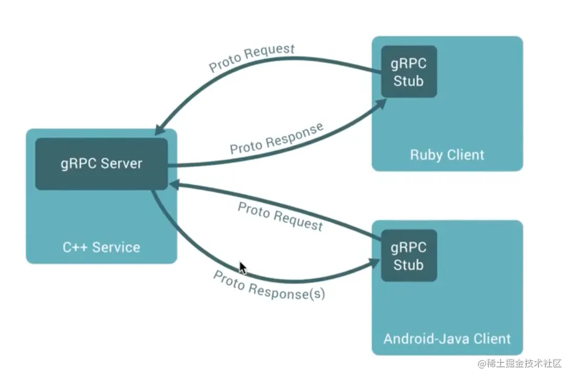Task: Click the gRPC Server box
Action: click(x=102, y=164)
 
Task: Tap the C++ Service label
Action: click(x=101, y=247)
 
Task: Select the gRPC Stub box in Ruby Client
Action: click(x=409, y=72)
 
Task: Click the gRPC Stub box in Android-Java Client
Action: click(x=409, y=255)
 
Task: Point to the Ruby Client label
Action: click(x=447, y=155)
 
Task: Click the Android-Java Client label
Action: click(x=447, y=339)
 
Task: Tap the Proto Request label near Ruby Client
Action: click(x=252, y=58)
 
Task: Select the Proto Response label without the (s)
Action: click(x=277, y=139)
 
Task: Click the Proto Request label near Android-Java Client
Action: click(x=280, y=217)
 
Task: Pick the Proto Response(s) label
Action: click(x=269, y=286)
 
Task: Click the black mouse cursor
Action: click(x=243, y=268)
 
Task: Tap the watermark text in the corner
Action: click(x=520, y=363)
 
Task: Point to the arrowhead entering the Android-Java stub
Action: click(x=374, y=263)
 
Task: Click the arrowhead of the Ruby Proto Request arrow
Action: click(x=160, y=129)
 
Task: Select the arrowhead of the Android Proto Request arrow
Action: click(x=175, y=185)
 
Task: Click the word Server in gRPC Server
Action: click(x=121, y=163)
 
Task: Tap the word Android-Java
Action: click(x=426, y=339)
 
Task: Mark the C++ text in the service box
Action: click(x=75, y=247)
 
